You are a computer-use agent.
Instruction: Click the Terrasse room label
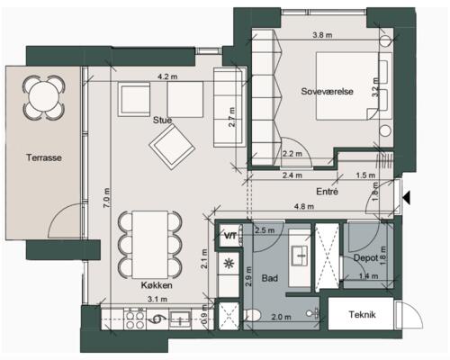click(44, 157)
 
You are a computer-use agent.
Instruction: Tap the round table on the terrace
click(44, 97)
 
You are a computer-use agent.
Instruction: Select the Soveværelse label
click(327, 91)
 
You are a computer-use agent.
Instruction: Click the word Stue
click(162, 121)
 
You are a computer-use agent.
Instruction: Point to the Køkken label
click(157, 285)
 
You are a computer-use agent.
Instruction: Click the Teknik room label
click(362, 314)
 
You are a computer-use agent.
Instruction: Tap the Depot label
click(365, 257)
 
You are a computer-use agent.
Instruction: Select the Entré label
click(327, 192)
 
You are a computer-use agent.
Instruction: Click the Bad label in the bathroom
click(269, 278)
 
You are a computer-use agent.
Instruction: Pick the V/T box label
click(230, 236)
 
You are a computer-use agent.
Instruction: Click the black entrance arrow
click(407, 198)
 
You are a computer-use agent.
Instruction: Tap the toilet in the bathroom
click(252, 315)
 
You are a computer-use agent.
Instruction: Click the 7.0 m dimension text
click(107, 198)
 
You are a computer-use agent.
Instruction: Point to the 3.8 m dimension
click(322, 35)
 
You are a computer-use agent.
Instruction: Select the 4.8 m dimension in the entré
click(304, 206)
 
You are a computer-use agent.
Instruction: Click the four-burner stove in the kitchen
click(134, 319)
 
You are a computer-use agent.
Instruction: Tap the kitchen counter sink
click(180, 319)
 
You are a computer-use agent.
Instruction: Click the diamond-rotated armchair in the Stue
click(172, 147)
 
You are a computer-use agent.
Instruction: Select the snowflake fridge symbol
click(229, 264)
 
